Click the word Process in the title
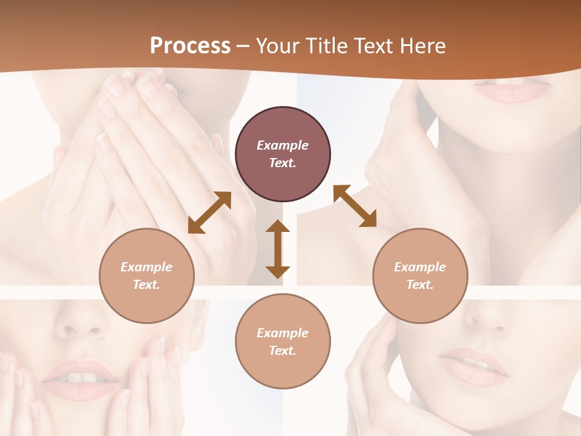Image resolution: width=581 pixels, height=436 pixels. pyautogui.click(x=190, y=46)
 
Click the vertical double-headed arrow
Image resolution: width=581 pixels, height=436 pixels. pyautogui.click(x=278, y=249)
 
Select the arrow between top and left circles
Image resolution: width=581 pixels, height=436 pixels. pyautogui.click(x=209, y=213)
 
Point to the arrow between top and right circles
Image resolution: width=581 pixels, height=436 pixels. pyautogui.click(x=355, y=206)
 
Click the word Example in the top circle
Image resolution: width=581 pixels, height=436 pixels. pyautogui.click(x=283, y=145)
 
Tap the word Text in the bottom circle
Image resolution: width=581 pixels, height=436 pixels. pyautogui.click(x=281, y=351)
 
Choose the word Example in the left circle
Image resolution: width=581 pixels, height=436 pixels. pyautogui.click(x=146, y=267)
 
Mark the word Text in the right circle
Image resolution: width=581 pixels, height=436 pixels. pyautogui.click(x=419, y=285)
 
